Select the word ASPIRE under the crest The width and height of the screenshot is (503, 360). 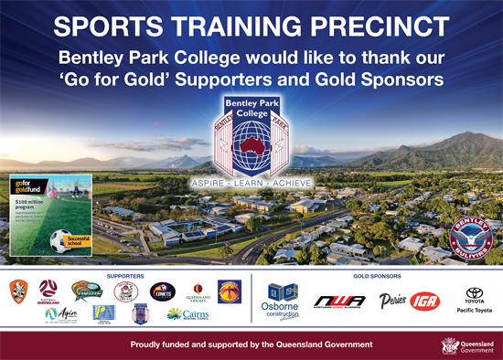[209, 183]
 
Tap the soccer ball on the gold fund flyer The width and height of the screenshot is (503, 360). [61, 240]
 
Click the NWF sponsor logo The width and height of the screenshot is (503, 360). [338, 301]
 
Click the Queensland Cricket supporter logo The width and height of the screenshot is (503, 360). [198, 291]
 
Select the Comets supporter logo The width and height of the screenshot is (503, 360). [163, 291]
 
